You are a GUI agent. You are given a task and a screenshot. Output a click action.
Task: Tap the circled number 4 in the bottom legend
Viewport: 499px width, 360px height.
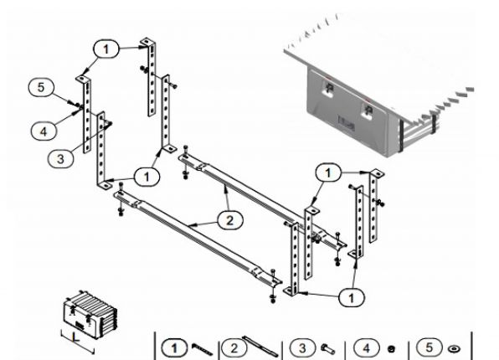pyautogui.click(x=366, y=345)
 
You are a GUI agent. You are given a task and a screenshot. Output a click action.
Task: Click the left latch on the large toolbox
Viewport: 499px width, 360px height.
pyautogui.click(x=327, y=90)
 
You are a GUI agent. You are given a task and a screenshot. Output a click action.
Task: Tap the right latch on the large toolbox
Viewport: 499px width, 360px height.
pyautogui.click(x=369, y=109)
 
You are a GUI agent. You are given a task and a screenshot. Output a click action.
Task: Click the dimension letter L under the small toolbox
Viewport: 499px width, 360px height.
pyautogui.click(x=76, y=339)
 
